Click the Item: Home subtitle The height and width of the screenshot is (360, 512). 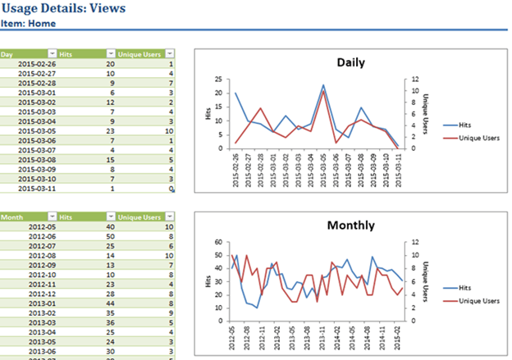pos(29,24)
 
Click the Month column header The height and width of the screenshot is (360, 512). pos(11,216)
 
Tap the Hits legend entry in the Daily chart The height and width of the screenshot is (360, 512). pos(463,125)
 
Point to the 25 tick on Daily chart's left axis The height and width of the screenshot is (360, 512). pos(217,80)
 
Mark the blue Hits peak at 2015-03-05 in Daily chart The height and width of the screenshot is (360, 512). pos(323,84)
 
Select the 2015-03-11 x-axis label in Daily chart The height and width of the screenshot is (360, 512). pos(398,170)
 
